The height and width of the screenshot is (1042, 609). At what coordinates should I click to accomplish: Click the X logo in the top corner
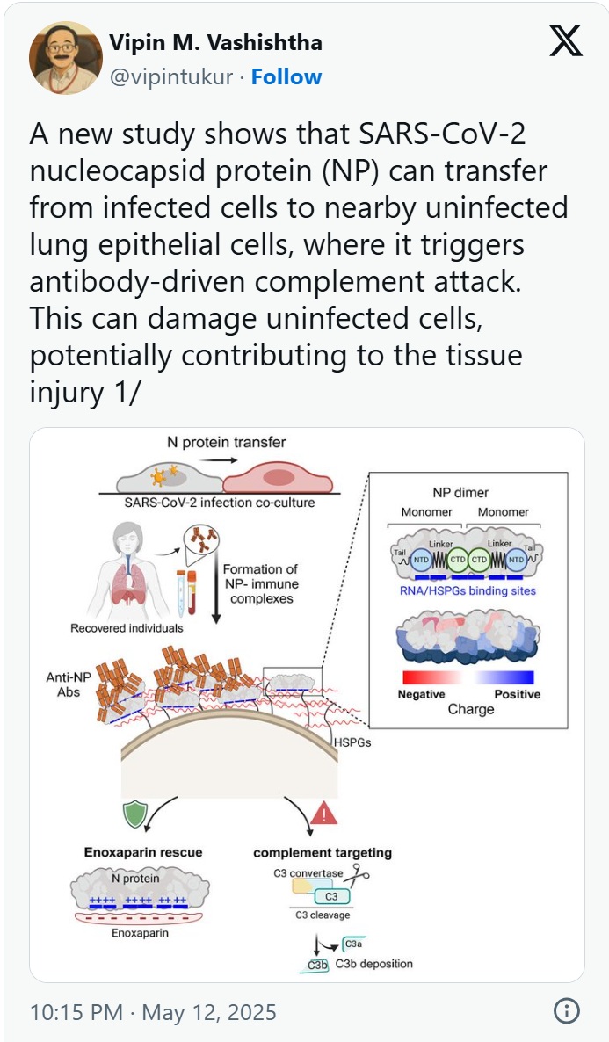click(565, 40)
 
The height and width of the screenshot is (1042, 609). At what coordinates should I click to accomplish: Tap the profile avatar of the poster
click(64, 58)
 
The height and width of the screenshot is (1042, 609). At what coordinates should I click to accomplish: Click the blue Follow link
click(286, 77)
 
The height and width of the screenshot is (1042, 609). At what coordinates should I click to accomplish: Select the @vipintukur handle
click(170, 77)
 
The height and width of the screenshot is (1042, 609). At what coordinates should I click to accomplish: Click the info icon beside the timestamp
click(566, 1011)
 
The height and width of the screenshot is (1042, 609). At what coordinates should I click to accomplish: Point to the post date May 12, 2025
click(209, 1012)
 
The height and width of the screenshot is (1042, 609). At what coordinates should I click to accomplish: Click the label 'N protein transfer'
click(226, 443)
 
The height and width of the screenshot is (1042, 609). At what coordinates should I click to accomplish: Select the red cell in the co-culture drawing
click(278, 478)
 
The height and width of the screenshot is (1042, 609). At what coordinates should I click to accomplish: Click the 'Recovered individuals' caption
click(127, 628)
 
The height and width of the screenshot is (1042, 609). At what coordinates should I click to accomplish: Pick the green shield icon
click(134, 813)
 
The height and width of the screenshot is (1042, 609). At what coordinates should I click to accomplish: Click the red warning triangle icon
click(324, 814)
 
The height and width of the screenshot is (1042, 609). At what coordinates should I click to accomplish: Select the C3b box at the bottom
click(316, 965)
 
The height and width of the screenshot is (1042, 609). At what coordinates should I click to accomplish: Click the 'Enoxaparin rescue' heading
click(142, 852)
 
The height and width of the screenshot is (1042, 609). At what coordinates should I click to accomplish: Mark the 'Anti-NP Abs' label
click(63, 684)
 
